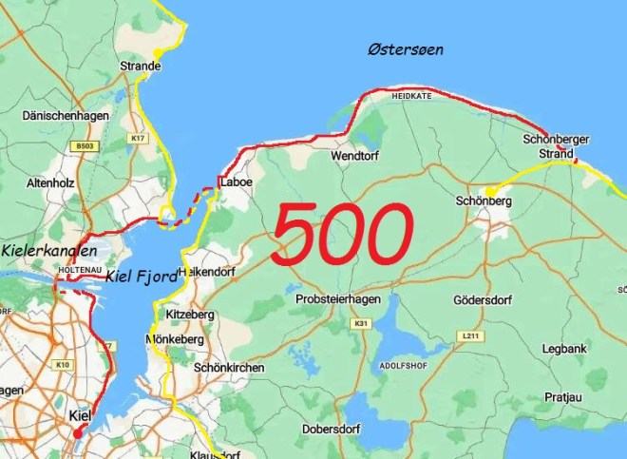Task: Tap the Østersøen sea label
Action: (x=407, y=49)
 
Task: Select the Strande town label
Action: (x=140, y=67)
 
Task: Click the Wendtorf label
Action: (x=354, y=155)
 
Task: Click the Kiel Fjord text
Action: (x=142, y=277)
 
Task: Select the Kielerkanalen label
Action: (x=49, y=251)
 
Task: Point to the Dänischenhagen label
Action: (x=62, y=115)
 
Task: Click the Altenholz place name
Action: (x=50, y=181)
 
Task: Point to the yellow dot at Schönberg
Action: (x=490, y=192)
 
